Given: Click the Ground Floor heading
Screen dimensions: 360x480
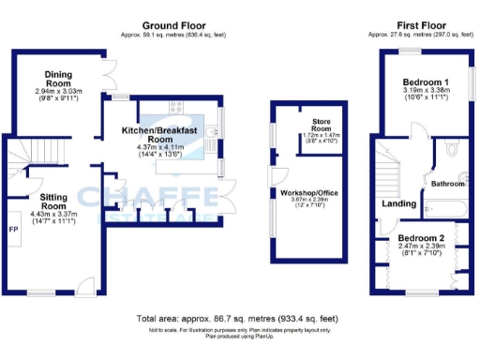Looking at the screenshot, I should click(175, 24).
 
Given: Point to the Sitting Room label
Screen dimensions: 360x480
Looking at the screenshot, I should click(53, 200).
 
